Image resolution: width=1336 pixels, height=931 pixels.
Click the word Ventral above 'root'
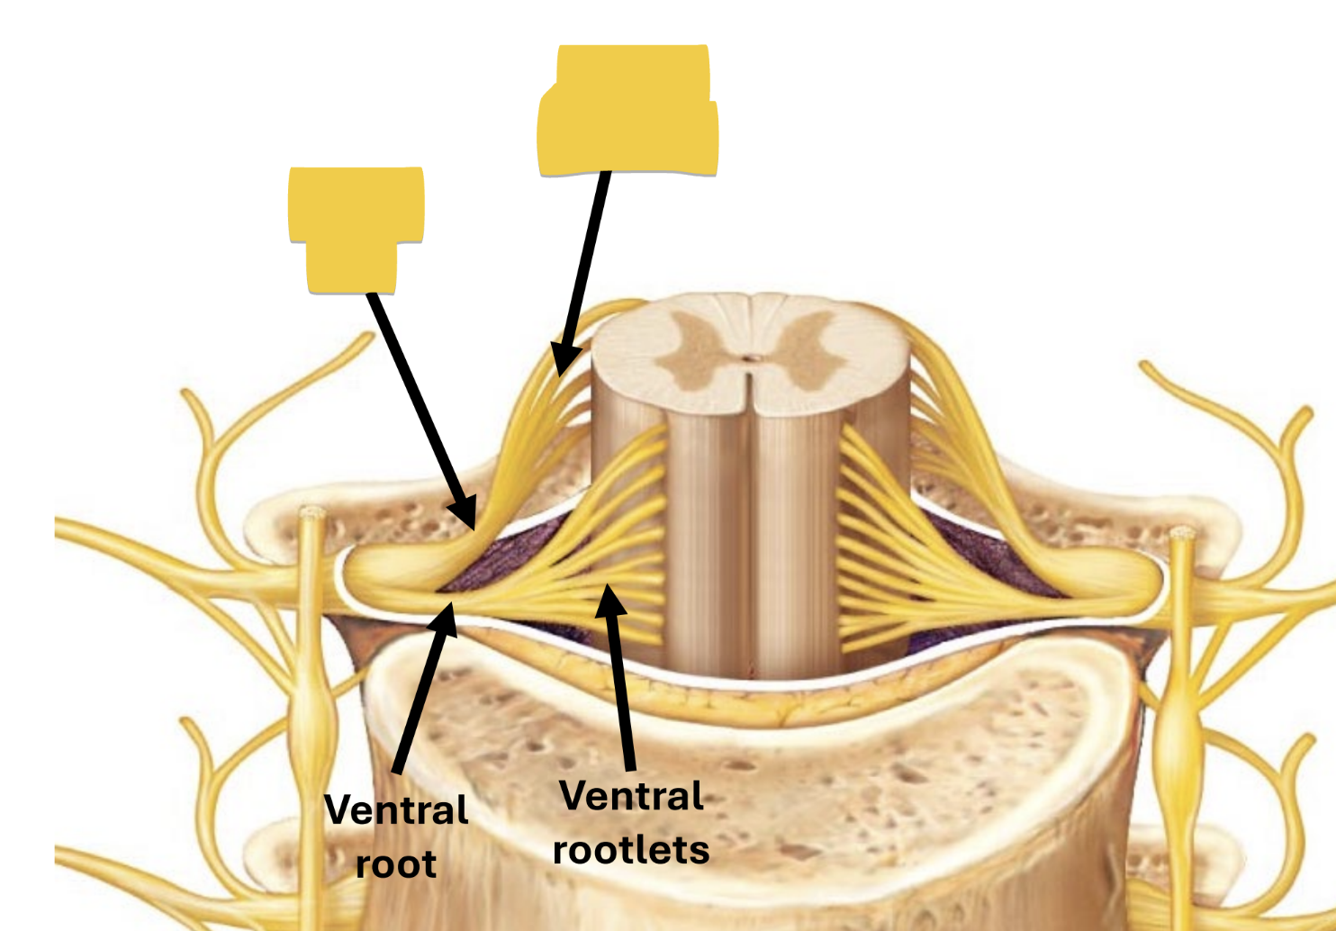point(396,810)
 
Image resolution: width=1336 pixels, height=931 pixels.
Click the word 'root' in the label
point(396,864)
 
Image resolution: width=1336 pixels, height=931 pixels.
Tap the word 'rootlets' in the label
point(631,850)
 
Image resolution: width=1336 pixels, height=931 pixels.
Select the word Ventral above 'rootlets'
point(631,797)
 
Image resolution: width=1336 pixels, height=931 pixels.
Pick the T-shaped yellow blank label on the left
point(356,225)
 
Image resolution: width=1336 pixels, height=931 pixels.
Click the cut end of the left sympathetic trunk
point(312,514)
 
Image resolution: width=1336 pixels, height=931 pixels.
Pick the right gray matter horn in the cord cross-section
point(806,351)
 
